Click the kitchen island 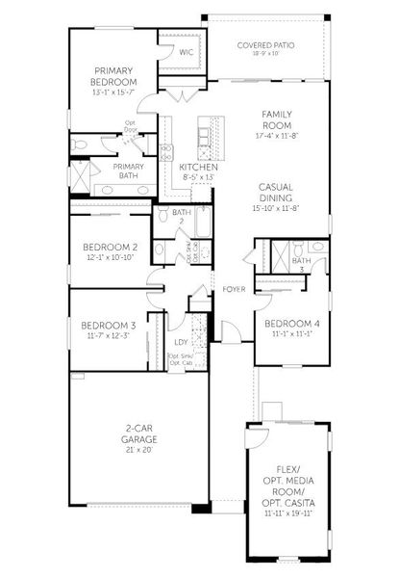click(204, 136)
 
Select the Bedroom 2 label click(110, 247)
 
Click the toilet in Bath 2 click(164, 214)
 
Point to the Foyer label click(233, 289)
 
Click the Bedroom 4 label click(287, 324)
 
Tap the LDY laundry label click(180, 341)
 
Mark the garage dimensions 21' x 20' click(140, 449)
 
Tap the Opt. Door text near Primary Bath click(128, 126)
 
